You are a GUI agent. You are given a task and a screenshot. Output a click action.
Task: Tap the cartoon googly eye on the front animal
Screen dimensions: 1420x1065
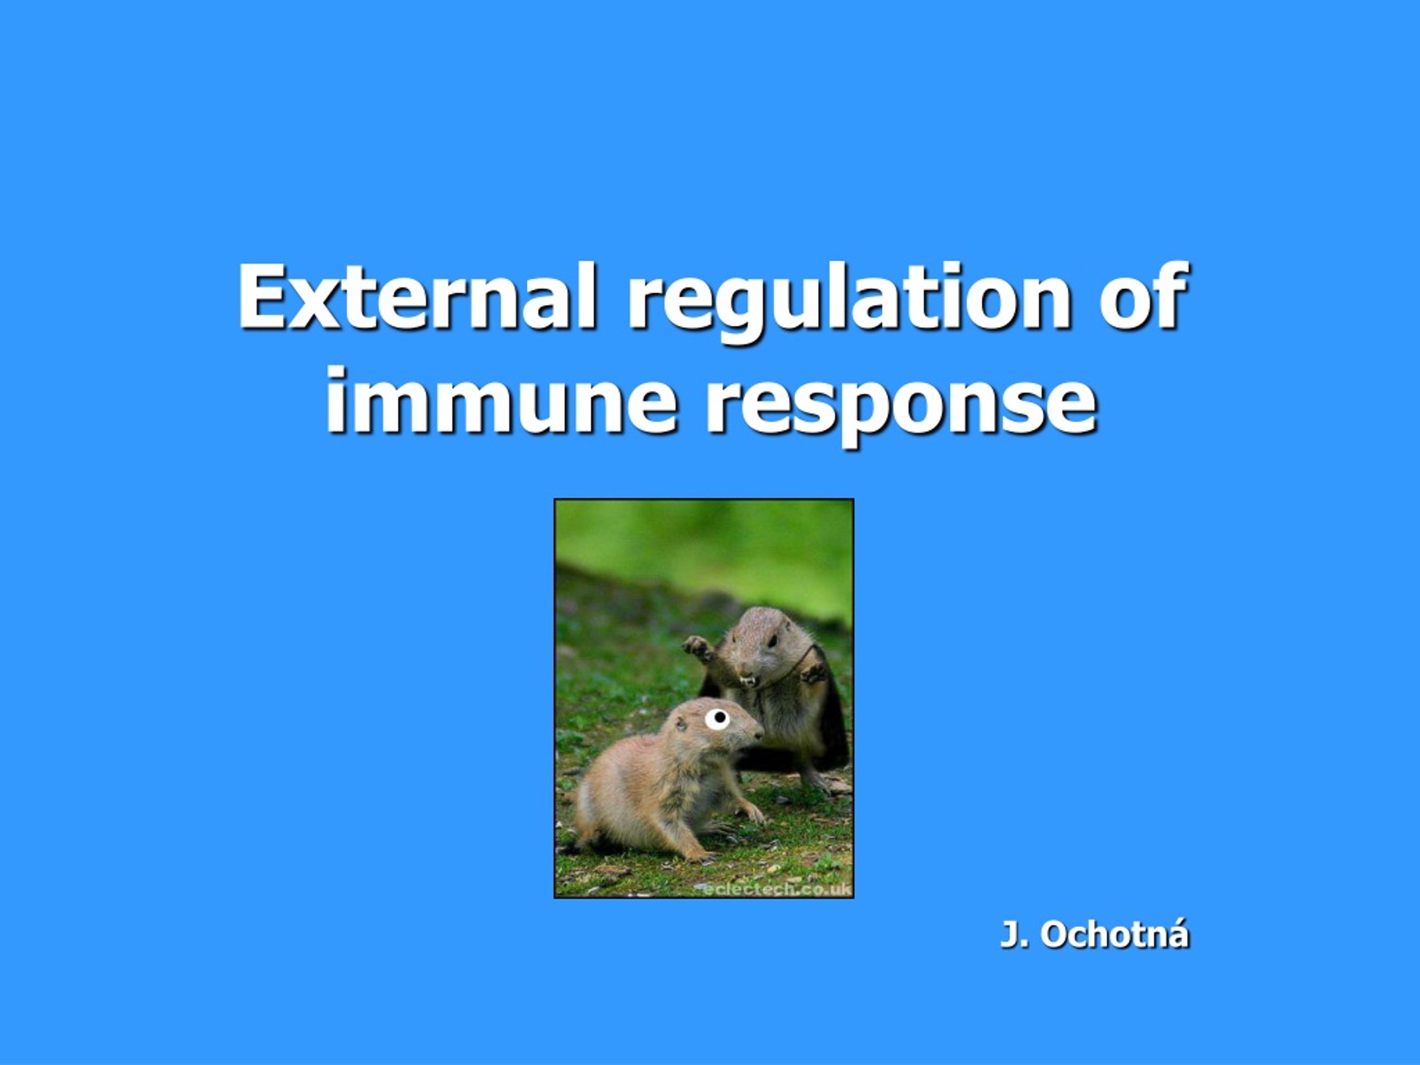[x=718, y=718]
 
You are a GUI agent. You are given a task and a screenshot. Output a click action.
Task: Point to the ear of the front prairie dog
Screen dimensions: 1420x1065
[x=681, y=724]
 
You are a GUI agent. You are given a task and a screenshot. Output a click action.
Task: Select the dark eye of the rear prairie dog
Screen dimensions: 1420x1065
[x=773, y=641]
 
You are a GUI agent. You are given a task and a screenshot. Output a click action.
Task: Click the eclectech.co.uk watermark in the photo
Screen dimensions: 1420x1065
[x=776, y=889]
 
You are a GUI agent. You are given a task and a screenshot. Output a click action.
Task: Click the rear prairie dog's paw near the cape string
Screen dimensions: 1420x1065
[x=813, y=672]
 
